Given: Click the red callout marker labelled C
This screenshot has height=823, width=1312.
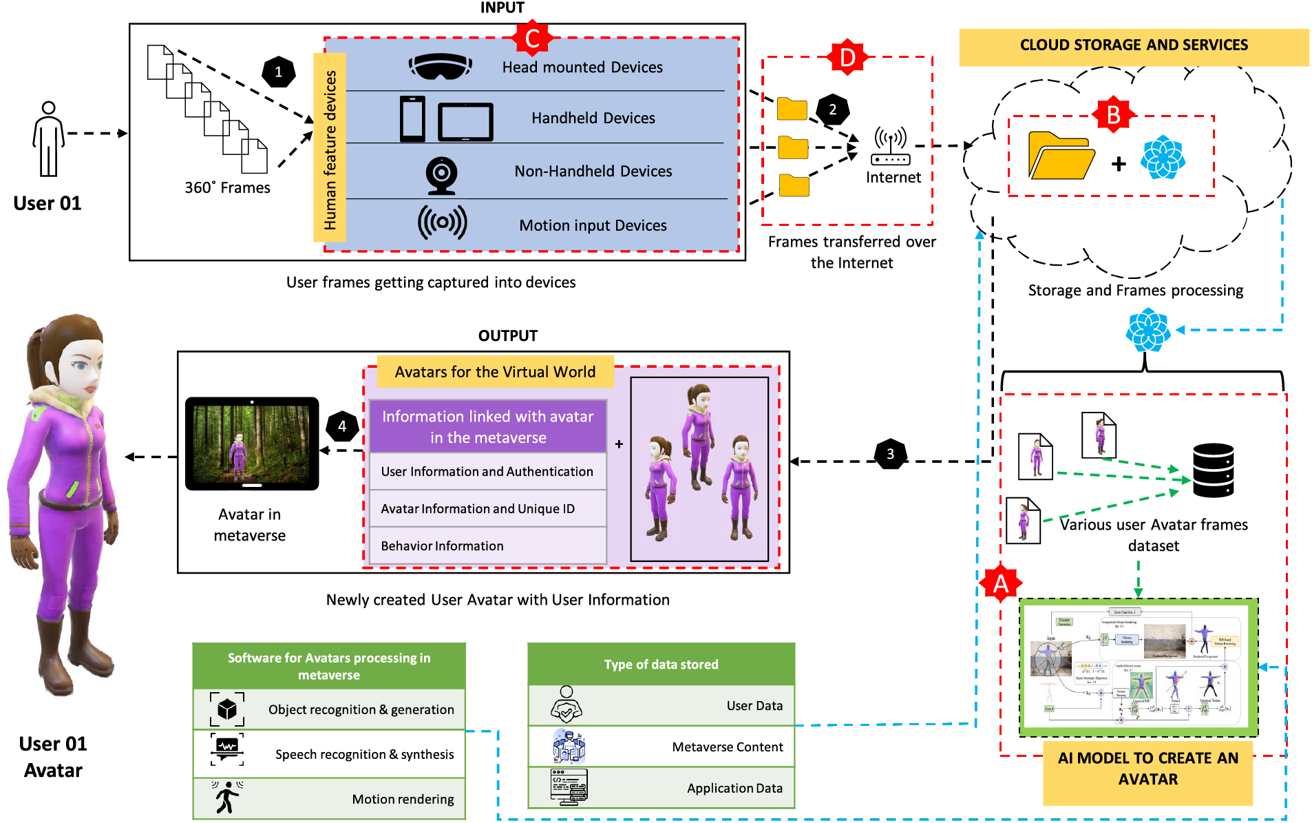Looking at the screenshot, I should [x=532, y=38].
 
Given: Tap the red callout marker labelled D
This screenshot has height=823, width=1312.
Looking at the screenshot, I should [x=847, y=57].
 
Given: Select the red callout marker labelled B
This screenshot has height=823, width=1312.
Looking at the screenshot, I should [x=1113, y=115].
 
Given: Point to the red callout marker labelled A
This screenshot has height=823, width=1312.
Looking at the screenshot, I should [x=1000, y=583].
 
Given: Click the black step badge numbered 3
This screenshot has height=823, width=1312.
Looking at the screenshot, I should [x=890, y=454].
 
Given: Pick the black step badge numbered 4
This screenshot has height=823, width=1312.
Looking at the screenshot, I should [x=342, y=426].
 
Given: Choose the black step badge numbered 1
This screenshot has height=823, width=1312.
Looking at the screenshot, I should [x=279, y=72].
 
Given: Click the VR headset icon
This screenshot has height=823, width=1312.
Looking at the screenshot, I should [x=440, y=67].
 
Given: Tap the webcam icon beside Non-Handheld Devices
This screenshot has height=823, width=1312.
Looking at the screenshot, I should [x=441, y=174].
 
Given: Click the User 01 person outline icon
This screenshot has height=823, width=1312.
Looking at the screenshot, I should [x=48, y=139].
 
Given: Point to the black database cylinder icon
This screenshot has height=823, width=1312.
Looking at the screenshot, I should [x=1213, y=470].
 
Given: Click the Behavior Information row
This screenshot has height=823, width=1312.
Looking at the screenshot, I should [x=488, y=545].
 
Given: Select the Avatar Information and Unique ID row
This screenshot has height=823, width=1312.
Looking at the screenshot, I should [x=488, y=508].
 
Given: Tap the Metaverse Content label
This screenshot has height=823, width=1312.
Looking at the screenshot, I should [x=727, y=747].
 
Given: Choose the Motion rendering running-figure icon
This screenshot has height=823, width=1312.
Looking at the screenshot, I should [x=226, y=798].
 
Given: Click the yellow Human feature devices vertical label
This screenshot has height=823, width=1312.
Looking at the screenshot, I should [x=330, y=148].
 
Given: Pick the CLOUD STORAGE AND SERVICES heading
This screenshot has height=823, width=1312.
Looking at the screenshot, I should [x=1134, y=45].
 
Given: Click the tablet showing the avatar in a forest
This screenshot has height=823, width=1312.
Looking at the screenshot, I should [x=252, y=443].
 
